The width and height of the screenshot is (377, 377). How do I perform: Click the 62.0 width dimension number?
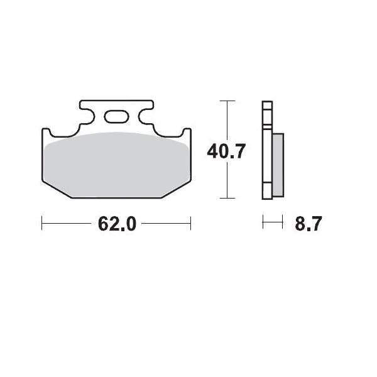(x=117, y=224)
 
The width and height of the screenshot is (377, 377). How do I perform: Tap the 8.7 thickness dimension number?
(x=307, y=224)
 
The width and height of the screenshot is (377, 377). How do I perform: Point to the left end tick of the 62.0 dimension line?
(x=42, y=222)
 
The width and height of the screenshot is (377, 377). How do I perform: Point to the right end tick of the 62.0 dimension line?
(x=190, y=222)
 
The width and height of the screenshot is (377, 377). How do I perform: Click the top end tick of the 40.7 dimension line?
(x=227, y=101)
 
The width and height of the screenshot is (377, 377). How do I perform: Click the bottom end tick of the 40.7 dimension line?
(x=227, y=198)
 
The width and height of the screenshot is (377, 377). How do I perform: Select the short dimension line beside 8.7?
(x=270, y=222)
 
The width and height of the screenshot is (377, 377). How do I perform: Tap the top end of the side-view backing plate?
(x=266, y=104)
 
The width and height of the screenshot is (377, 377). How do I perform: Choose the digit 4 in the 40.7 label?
(x=214, y=151)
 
